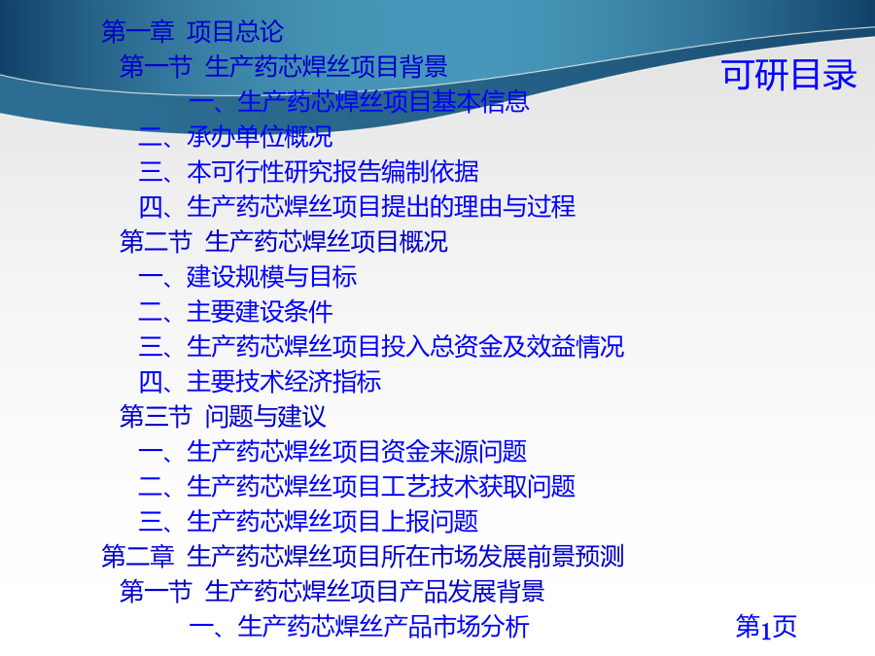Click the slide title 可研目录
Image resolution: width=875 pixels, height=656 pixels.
[x=789, y=75]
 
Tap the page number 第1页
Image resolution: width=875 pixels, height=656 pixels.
[x=766, y=627]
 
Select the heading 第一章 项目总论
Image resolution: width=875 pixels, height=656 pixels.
[x=192, y=31]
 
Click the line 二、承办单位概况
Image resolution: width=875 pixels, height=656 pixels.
[x=235, y=137]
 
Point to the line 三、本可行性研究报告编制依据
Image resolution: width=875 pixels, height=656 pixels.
[x=308, y=172]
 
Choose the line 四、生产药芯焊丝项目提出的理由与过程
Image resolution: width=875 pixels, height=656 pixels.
[x=357, y=206]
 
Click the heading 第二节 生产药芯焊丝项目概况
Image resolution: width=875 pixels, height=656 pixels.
[x=284, y=242]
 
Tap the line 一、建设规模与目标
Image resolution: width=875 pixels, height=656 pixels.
[x=248, y=277]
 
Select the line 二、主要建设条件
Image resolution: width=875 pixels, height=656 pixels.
[x=235, y=312]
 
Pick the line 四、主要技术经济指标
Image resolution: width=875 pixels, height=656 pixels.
[x=260, y=382]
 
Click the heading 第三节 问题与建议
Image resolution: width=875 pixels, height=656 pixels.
[x=223, y=417]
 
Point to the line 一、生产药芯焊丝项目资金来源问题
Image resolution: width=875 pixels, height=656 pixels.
[x=332, y=452]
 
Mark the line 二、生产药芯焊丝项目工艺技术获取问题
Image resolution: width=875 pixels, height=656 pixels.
[x=357, y=487]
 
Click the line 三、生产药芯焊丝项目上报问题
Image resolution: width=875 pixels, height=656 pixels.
[x=308, y=522]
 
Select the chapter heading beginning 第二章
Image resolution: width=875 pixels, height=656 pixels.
[x=363, y=557]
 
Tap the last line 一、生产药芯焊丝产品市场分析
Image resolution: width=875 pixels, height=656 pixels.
[x=360, y=627]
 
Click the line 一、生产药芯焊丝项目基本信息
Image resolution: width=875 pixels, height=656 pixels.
[x=360, y=101]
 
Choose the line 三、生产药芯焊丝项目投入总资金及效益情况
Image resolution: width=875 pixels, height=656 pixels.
[x=382, y=346]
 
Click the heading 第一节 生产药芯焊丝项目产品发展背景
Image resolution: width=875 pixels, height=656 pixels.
[x=332, y=591]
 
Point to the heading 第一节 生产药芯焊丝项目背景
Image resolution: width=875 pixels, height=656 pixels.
[x=284, y=66]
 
